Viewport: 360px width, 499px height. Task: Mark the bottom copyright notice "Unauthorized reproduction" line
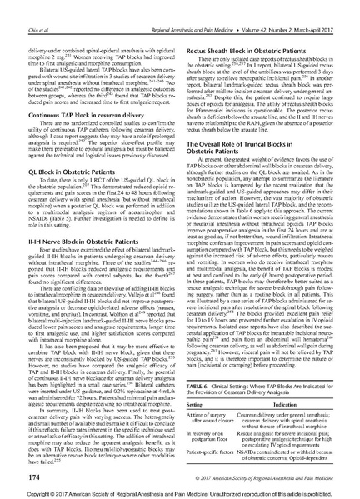click(x=179, y=492)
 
